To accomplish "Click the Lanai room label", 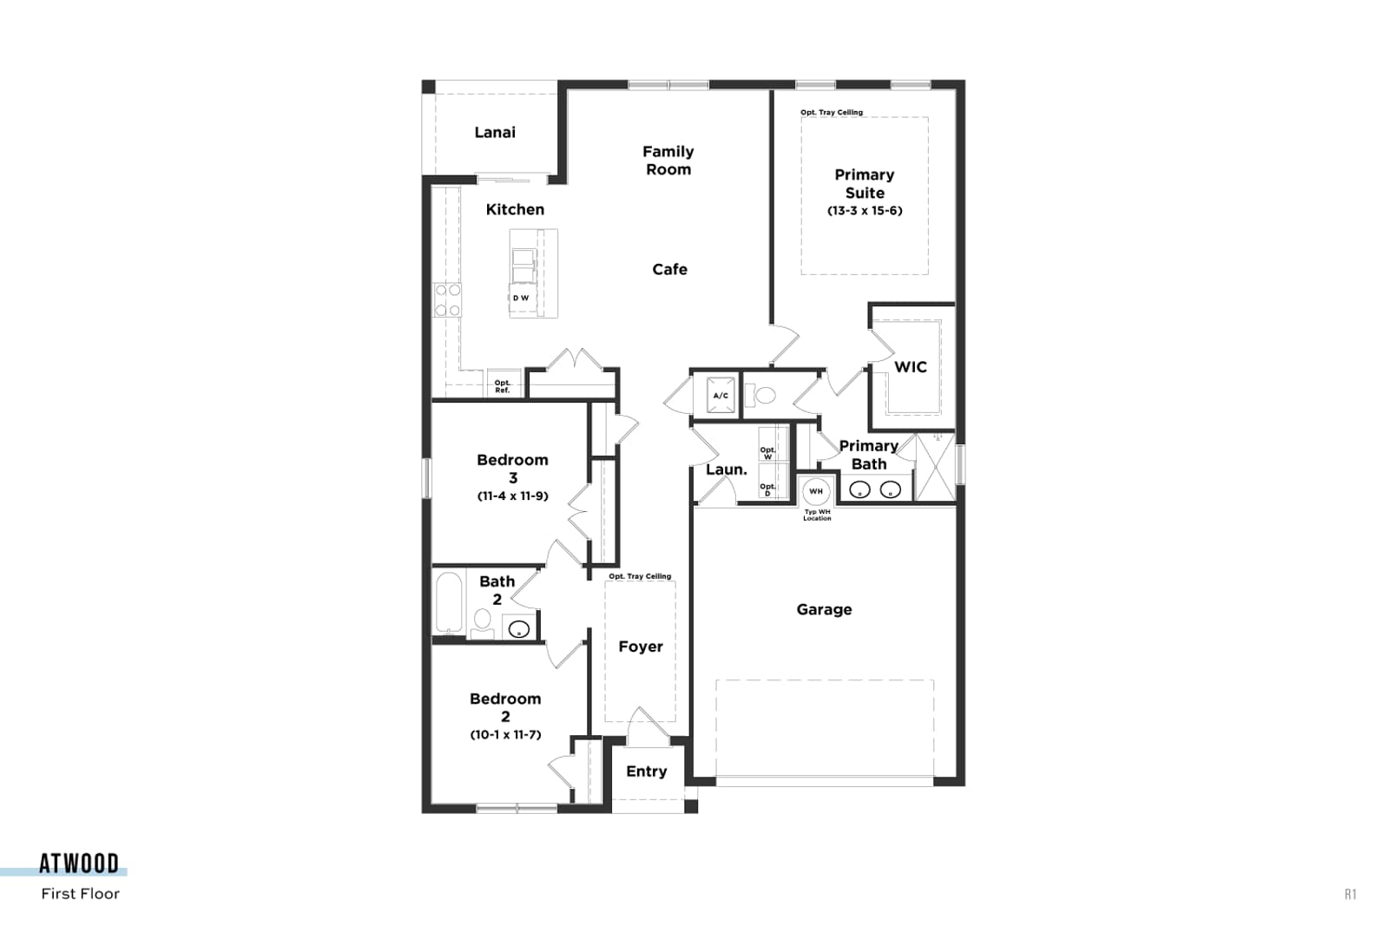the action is click(x=495, y=132).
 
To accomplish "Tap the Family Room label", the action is click(x=668, y=161).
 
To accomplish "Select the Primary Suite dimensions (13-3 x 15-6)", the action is click(x=865, y=211).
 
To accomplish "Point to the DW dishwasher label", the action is click(x=521, y=299).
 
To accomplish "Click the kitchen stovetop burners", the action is click(x=447, y=299).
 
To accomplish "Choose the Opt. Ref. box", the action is click(x=503, y=385).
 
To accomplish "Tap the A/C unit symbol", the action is click(x=721, y=396).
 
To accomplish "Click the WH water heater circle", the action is click(x=815, y=491).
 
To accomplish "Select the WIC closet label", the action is click(x=911, y=367).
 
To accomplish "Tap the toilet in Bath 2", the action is click(x=483, y=622).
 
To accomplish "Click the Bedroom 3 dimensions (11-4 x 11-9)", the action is click(x=513, y=496).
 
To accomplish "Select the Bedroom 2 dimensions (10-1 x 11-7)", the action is click(x=505, y=734).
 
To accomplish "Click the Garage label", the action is click(x=824, y=610).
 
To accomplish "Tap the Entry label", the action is click(x=646, y=772).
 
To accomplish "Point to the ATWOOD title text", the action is click(x=79, y=864).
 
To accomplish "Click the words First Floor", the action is click(x=81, y=894).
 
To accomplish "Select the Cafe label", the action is click(x=669, y=270).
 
